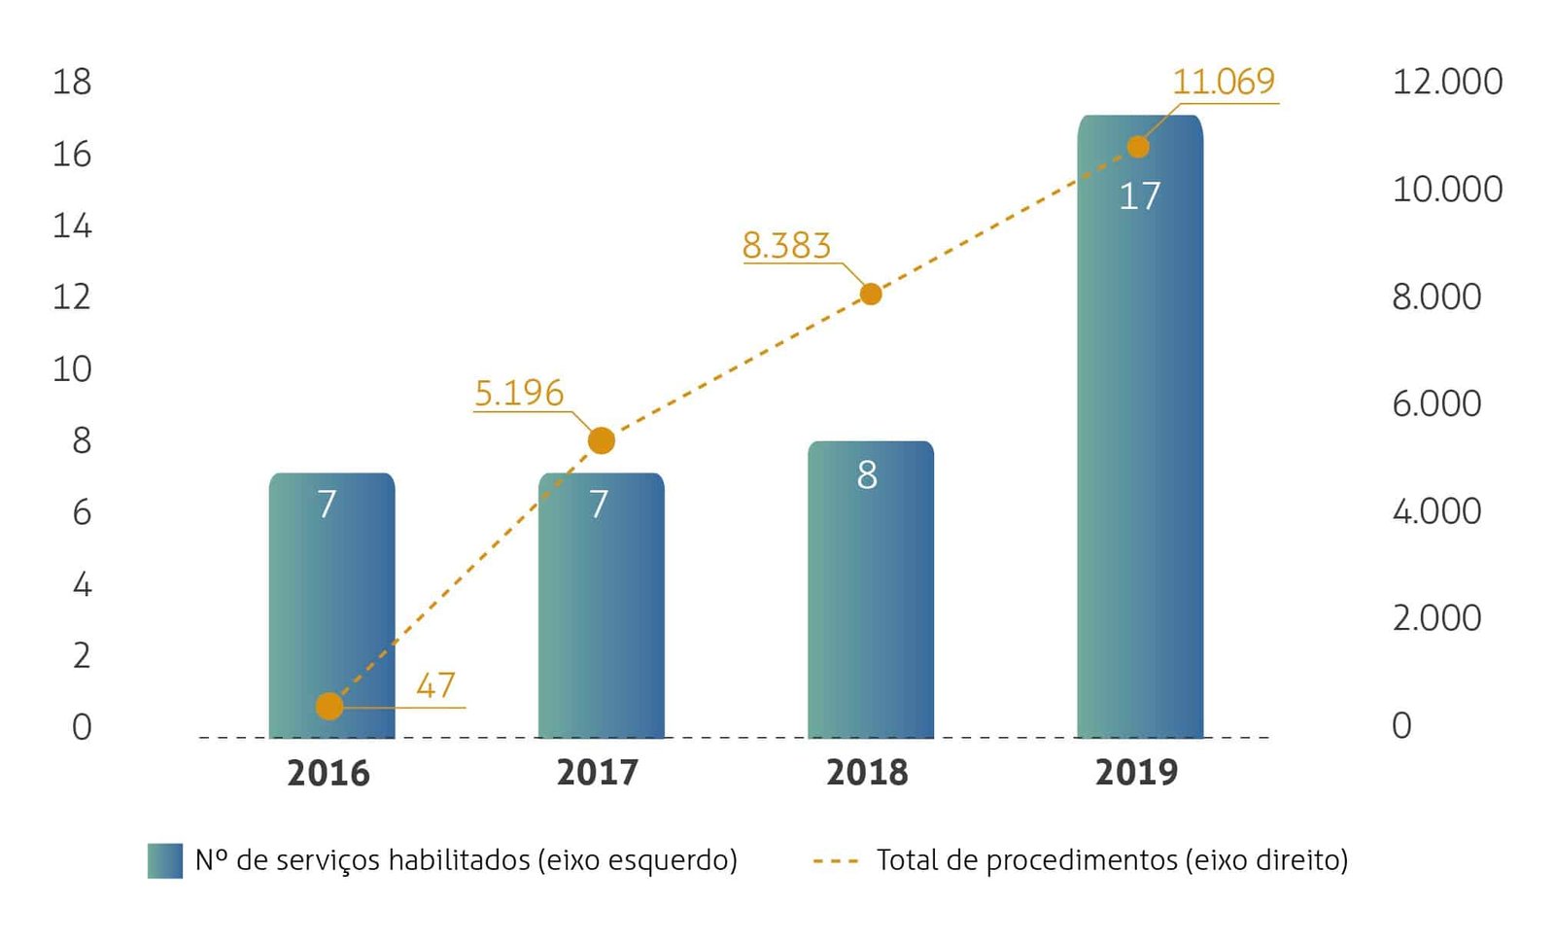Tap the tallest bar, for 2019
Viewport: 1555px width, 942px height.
(1140, 428)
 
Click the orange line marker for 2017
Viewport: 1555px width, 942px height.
(602, 440)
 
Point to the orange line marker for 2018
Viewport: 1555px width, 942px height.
(871, 294)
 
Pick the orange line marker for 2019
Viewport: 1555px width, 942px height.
(1138, 147)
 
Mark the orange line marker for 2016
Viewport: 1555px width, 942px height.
(329, 706)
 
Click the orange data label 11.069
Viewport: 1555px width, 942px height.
(1223, 82)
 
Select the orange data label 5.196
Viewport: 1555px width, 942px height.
(519, 393)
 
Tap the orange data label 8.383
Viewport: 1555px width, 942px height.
(786, 245)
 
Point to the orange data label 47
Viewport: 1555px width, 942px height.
(435, 685)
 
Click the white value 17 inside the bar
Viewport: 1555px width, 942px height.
(1139, 196)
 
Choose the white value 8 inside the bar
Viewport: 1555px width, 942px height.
(867, 475)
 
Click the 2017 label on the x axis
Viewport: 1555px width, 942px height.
(598, 772)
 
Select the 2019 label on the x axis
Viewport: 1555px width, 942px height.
(1136, 772)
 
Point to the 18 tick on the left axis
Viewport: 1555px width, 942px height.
(72, 82)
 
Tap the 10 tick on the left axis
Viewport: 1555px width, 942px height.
(72, 369)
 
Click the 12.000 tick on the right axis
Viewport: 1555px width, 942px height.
(1447, 82)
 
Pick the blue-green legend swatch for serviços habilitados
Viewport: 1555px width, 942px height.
(165, 860)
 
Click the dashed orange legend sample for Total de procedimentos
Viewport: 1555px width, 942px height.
(836, 860)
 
